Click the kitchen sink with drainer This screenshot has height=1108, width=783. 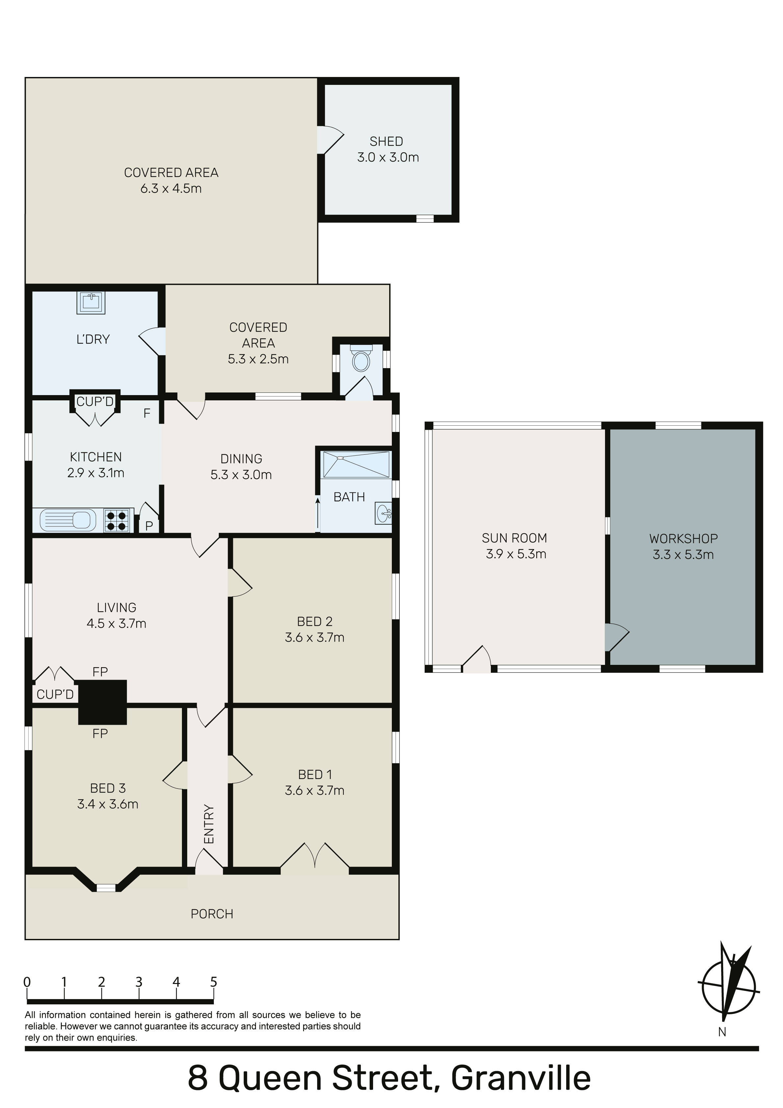(x=67, y=520)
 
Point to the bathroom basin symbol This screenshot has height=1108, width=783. (x=384, y=514)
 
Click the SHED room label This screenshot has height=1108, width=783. (x=386, y=141)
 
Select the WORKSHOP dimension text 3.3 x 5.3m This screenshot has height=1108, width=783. (x=683, y=554)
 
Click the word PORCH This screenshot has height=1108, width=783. (x=212, y=914)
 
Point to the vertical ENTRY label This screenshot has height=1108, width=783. (x=209, y=824)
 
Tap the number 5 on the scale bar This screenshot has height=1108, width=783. (x=214, y=982)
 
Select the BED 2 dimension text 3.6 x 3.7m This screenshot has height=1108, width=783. (x=315, y=638)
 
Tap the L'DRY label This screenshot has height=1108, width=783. (x=93, y=339)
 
